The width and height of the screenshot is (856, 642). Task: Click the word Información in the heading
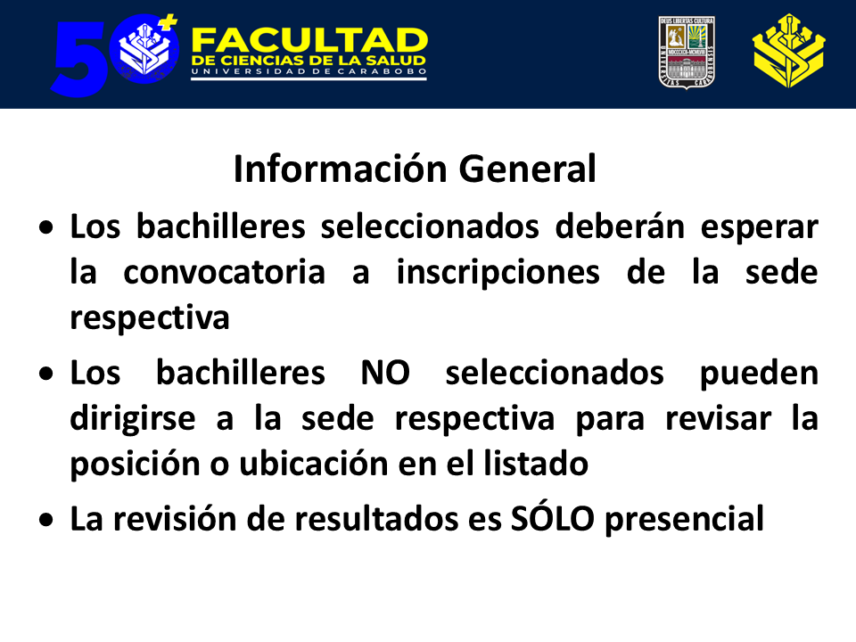pos(341,169)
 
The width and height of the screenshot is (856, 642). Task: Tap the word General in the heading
pos(527,169)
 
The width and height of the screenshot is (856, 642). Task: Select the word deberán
pos(620,226)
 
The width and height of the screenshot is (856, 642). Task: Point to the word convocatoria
pos(225,272)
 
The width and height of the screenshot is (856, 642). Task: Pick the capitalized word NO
pos(385,373)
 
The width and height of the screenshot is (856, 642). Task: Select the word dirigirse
pos(133,420)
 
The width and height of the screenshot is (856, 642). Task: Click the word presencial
pos(685,520)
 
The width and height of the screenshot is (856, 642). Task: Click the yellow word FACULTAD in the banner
pos(309,40)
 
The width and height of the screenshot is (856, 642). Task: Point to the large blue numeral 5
pos(79,59)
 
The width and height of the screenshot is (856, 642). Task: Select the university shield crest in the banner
pos(687,53)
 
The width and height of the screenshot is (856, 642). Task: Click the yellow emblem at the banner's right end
pos(789,52)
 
